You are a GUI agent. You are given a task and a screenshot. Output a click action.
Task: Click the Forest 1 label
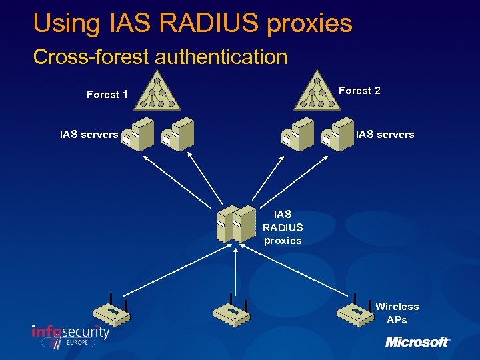point(107,95)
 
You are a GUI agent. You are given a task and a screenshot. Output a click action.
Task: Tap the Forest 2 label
point(359,91)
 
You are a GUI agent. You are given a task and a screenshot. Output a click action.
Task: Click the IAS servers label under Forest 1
point(89,135)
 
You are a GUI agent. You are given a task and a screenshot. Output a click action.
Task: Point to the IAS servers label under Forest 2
point(385,135)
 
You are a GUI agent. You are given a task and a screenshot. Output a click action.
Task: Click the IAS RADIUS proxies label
point(283,227)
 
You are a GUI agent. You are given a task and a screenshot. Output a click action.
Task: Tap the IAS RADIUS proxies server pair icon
point(236,223)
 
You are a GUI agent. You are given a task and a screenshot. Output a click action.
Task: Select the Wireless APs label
point(397,313)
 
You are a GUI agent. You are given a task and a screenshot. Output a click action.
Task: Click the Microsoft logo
point(417,342)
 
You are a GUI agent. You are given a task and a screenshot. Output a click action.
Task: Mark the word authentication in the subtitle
point(221,57)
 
